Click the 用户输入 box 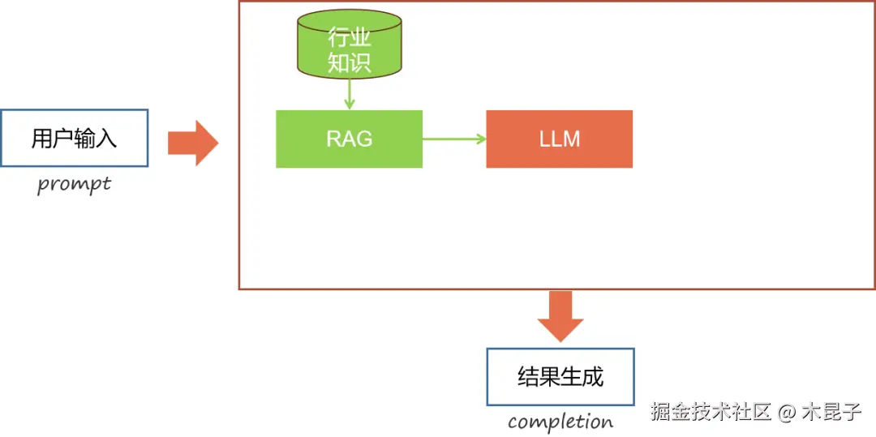point(75,138)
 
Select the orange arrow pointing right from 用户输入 point(193,144)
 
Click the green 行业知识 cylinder point(349,45)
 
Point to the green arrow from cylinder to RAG point(349,94)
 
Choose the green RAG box point(349,139)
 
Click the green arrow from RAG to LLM point(454,139)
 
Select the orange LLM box point(559,139)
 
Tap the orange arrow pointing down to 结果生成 point(560,316)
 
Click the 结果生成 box point(560,377)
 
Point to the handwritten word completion point(560,422)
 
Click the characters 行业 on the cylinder point(349,38)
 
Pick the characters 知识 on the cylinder point(349,62)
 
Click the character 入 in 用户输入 point(106,138)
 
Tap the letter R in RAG point(334,139)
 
